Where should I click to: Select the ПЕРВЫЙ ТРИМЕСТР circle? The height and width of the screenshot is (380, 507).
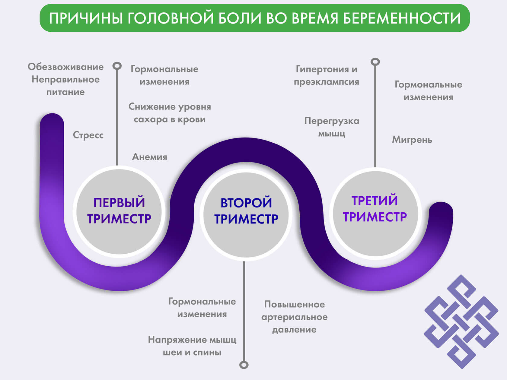pyautogui.click(x=119, y=211)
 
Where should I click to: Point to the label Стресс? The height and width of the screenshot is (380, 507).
pyautogui.click(x=88, y=135)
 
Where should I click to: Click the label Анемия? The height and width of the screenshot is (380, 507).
pyautogui.click(x=150, y=157)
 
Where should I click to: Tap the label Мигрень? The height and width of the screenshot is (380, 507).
pyautogui.click(x=412, y=140)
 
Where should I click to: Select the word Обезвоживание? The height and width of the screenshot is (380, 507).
pyautogui.click(x=65, y=67)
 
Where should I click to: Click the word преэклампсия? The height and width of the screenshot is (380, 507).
pyautogui.click(x=327, y=82)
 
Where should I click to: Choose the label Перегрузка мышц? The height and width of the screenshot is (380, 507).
pyautogui.click(x=332, y=127)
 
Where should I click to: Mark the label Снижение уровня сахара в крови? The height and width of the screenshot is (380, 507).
pyautogui.click(x=170, y=113)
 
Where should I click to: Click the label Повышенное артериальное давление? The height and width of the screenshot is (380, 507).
pyautogui.click(x=294, y=317)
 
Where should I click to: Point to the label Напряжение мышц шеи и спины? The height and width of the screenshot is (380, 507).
pyautogui.click(x=192, y=346)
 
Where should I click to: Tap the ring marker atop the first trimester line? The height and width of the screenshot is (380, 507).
pyautogui.click(x=117, y=66)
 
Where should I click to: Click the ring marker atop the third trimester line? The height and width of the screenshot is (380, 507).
pyautogui.click(x=375, y=62)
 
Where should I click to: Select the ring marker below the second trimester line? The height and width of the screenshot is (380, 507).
pyautogui.click(x=244, y=365)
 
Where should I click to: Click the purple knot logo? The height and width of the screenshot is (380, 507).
pyautogui.click(x=461, y=321)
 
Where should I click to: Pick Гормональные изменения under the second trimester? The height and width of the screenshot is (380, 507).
pyautogui.click(x=202, y=308)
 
